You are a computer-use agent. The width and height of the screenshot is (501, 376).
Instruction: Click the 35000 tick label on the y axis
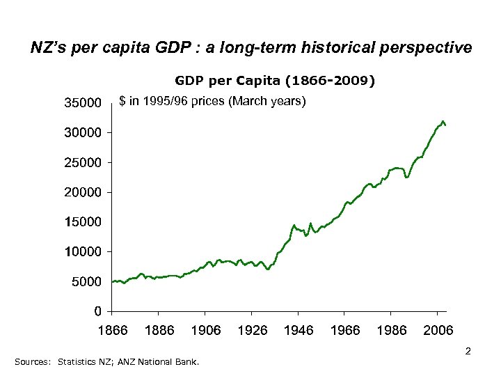pyautogui.click(x=83, y=103)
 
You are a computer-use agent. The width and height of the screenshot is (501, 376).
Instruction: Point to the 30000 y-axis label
pyautogui.click(x=83, y=132)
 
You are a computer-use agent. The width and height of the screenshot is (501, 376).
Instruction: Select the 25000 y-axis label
pyautogui.click(x=83, y=162)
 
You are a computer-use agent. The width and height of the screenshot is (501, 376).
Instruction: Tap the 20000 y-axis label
pyautogui.click(x=83, y=191)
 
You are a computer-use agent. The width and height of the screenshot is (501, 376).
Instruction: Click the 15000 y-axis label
pyautogui.click(x=83, y=221)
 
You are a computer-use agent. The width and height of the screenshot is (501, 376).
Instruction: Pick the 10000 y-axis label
pyautogui.click(x=83, y=251)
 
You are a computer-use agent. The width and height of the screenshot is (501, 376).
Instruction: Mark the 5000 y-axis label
pyautogui.click(x=87, y=281)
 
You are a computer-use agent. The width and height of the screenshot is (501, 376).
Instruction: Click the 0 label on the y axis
pyautogui.click(x=100, y=311)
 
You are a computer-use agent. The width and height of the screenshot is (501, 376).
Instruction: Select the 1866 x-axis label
pyautogui.click(x=112, y=330)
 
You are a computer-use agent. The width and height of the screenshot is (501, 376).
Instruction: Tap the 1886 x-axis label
pyautogui.click(x=159, y=330)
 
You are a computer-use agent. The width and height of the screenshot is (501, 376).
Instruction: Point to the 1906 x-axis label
pyautogui.click(x=205, y=330)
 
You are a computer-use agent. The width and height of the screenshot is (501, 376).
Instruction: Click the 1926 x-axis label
pyautogui.click(x=252, y=330)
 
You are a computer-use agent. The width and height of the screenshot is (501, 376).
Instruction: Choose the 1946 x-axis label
pyautogui.click(x=299, y=330)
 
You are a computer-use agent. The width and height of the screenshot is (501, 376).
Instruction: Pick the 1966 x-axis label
pyautogui.click(x=345, y=330)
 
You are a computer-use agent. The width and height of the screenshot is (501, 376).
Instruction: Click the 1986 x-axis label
pyautogui.click(x=391, y=330)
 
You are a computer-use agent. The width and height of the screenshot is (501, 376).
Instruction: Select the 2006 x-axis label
pyautogui.click(x=438, y=330)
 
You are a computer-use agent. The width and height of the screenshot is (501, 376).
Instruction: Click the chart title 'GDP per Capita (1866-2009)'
pyautogui.click(x=274, y=81)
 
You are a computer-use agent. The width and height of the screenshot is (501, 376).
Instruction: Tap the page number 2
pyautogui.click(x=468, y=352)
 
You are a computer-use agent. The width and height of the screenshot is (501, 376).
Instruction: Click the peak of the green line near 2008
pyautogui.click(x=443, y=121)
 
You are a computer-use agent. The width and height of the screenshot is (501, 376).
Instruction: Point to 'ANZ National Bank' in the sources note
pyautogui.click(x=166, y=362)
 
